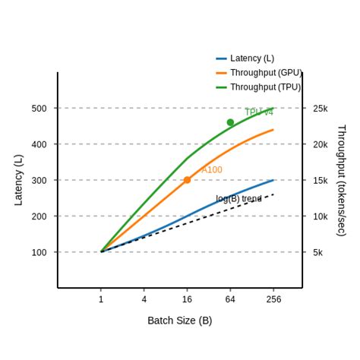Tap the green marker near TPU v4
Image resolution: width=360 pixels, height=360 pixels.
coord(230,122)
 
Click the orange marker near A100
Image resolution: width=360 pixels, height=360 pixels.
coord(187,180)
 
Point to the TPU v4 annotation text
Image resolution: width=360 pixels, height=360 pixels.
coord(259,112)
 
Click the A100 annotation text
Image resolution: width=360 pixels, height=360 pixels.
coord(212,170)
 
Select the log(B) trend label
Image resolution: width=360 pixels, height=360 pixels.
coord(238,199)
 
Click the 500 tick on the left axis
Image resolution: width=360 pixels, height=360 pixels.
coord(39,109)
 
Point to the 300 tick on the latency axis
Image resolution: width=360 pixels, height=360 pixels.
coord(39,181)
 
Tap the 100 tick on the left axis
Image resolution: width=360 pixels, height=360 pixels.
coord(39,252)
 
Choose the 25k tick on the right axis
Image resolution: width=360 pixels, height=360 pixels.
coord(321,109)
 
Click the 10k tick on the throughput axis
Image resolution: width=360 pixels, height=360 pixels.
coord(321,216)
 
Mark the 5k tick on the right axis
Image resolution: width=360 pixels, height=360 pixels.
coord(318,252)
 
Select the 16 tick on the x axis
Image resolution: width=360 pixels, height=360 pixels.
coord(187,300)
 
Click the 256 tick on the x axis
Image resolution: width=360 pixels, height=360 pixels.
coord(273,300)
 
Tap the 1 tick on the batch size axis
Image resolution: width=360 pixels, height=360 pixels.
coord(101,300)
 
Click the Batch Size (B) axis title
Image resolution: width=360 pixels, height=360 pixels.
coord(180,321)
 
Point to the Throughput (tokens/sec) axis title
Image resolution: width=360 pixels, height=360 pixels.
coord(341,180)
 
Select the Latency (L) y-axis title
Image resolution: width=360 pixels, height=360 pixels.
coord(19,180)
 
